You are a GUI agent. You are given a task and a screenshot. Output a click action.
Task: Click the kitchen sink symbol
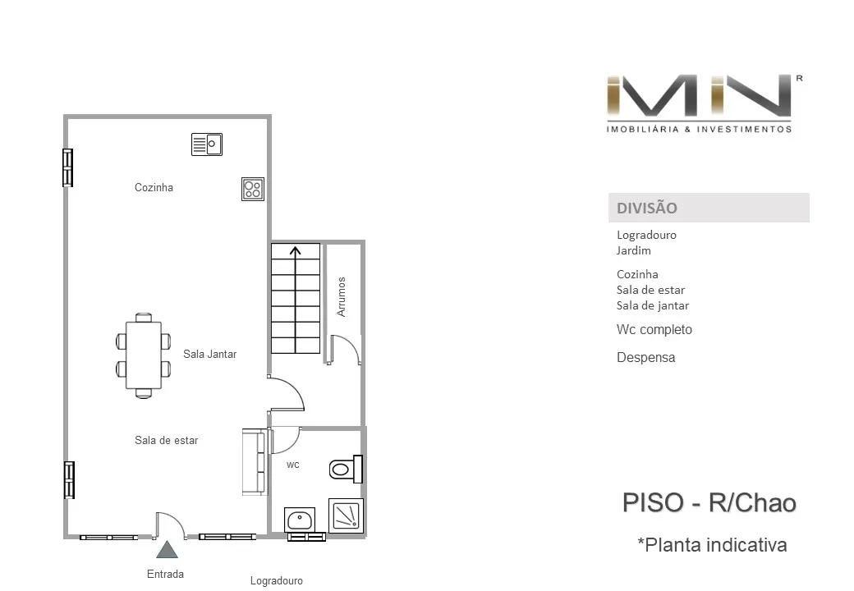207,144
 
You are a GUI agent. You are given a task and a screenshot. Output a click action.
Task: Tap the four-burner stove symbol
253,189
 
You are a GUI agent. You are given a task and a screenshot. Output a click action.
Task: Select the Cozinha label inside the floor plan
154,187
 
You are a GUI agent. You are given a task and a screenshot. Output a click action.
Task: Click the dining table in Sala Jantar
143,356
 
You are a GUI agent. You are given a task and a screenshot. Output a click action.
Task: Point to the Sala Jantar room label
209,355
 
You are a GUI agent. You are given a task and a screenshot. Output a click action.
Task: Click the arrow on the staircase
295,300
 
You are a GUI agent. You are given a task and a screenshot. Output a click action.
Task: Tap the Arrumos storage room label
342,296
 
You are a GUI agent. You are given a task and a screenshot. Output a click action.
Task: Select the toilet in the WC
346,469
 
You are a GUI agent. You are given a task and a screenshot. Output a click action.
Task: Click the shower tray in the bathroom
346,515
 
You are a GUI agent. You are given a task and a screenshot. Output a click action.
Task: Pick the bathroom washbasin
299,520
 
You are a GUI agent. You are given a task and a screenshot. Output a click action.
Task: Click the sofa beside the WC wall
255,462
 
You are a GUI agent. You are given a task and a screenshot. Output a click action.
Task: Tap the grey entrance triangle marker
168,550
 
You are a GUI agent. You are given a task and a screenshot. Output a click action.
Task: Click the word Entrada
166,574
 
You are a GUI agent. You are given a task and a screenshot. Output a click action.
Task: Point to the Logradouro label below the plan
276,581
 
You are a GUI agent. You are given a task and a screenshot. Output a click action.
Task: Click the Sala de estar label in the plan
166,440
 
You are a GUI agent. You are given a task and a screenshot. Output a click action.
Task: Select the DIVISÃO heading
646,208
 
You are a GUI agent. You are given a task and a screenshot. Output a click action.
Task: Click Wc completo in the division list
654,330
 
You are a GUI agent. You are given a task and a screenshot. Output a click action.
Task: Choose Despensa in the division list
646,358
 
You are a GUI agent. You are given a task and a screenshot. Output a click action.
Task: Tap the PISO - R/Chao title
709,503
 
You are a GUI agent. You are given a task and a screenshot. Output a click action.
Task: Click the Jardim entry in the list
633,251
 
